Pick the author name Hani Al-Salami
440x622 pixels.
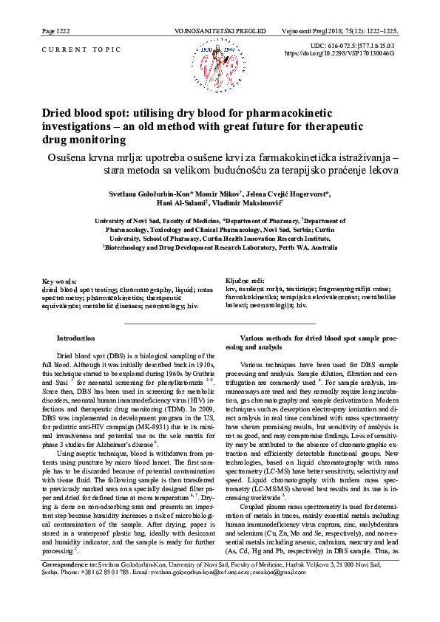pos(177,203)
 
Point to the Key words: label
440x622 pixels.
pos(59,282)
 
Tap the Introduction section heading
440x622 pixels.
pos(75,338)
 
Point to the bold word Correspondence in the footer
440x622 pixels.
pos(62,584)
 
